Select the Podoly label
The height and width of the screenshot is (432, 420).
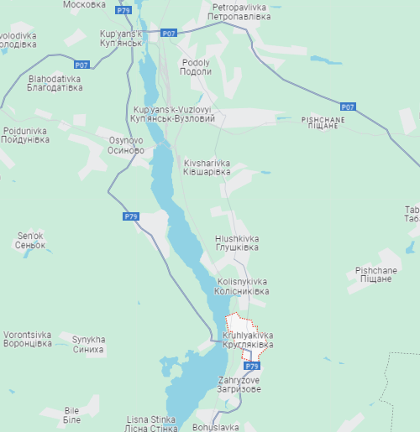pyautogui.click(x=196, y=67)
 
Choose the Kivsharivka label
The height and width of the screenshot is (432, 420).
pyautogui.click(x=206, y=167)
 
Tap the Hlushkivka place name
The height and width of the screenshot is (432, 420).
pyautogui.click(x=236, y=243)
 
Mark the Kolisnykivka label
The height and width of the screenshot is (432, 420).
pyautogui.click(x=242, y=286)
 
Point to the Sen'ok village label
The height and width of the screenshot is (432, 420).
pyautogui.click(x=29, y=241)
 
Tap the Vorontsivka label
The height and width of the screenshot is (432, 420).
pyautogui.click(x=27, y=339)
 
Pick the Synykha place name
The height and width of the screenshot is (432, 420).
pyautogui.click(x=88, y=344)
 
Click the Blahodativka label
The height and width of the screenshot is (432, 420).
pyautogui.click(x=55, y=82)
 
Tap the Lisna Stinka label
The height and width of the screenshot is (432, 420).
pyautogui.click(x=150, y=423)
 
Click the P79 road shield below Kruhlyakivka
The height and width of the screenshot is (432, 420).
pyautogui.click(x=252, y=367)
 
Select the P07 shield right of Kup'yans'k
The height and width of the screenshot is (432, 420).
pyautogui.click(x=169, y=33)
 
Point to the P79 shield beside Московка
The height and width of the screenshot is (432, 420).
pyautogui.click(x=123, y=10)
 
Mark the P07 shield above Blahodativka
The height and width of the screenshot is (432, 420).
pyautogui.click(x=81, y=65)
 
